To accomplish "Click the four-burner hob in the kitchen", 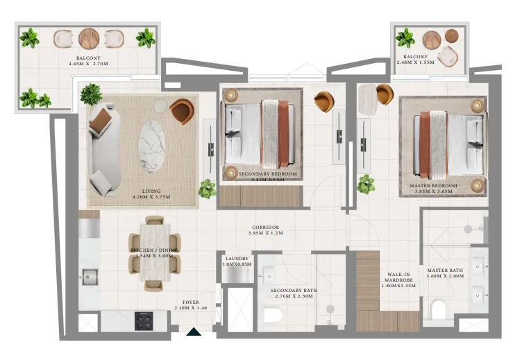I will tap(145, 320).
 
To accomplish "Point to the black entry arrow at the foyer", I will tap(194, 333).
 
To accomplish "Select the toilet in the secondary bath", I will tap(273, 316).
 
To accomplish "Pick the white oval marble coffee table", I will tap(151, 145).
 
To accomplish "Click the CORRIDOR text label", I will tap(265, 228).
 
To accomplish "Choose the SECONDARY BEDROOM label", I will tap(267, 174).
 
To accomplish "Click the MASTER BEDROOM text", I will tap(434, 186).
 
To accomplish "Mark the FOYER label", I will tap(191, 302).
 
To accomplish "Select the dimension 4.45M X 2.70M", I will tap(88, 64).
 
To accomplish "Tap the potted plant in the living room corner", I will tap(91, 93).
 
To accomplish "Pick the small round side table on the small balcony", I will tap(452, 35).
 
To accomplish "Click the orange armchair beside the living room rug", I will tap(183, 110).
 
